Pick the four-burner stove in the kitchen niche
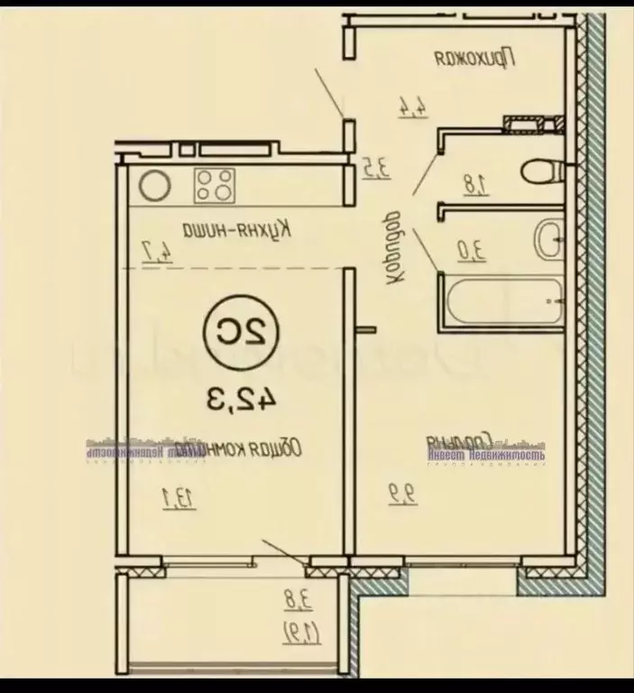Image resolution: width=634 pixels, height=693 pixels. (x=216, y=185)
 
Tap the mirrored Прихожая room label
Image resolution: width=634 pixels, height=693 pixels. (x=474, y=60)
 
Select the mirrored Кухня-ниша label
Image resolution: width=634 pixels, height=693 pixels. (x=230, y=228)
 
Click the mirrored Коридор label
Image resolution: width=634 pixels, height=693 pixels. (x=393, y=248)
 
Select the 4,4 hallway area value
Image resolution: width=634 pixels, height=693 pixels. (x=410, y=106)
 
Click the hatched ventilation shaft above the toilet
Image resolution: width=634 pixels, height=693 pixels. (x=527, y=121)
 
